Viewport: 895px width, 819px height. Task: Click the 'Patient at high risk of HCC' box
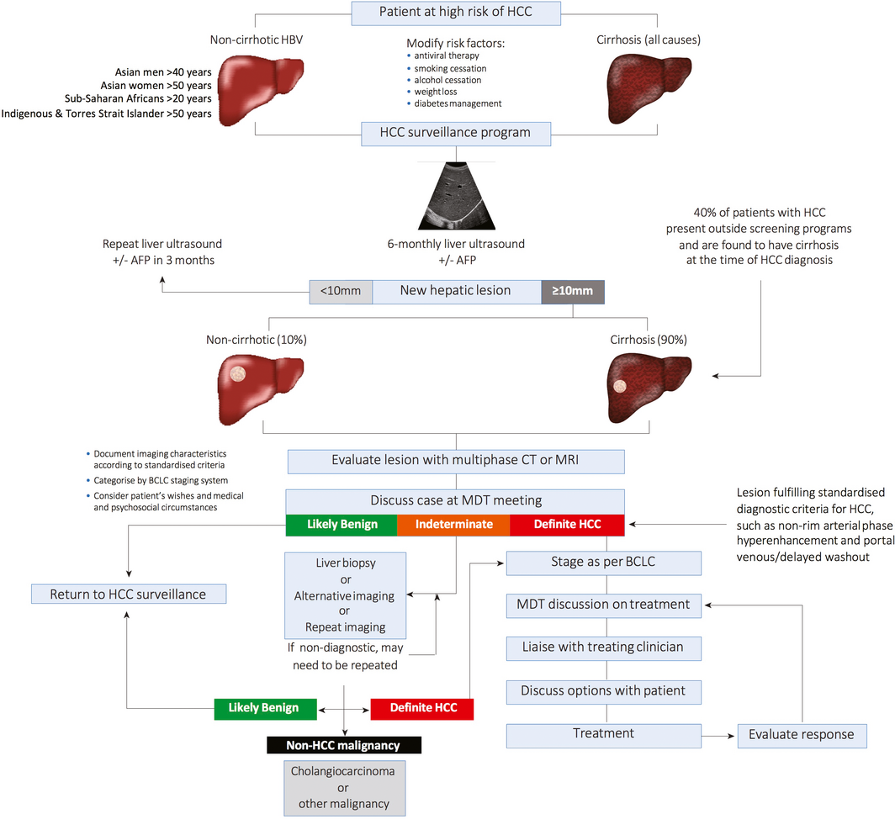(x=455, y=13)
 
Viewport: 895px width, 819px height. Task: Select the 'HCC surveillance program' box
(x=456, y=134)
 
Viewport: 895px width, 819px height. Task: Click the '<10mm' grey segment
(x=341, y=291)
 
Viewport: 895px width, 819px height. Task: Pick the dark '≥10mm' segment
(x=573, y=291)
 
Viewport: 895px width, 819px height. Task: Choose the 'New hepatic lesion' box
(x=456, y=291)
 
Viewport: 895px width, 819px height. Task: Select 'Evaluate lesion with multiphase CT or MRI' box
(x=456, y=461)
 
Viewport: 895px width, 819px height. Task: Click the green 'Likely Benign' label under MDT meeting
(x=341, y=524)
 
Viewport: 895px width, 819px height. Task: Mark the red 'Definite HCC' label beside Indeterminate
(x=567, y=524)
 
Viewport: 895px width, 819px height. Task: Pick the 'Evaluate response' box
(x=802, y=734)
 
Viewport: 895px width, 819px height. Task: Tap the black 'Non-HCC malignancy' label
(x=344, y=744)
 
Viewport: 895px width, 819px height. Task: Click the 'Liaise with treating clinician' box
(x=603, y=647)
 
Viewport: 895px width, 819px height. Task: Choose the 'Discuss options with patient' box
(x=603, y=690)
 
